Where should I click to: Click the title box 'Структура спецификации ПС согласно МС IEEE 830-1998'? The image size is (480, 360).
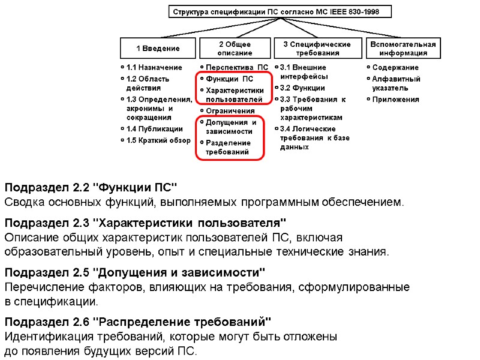pos(280,12)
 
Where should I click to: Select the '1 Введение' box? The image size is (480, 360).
pos(158,48)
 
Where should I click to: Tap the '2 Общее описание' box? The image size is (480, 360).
pos(235,48)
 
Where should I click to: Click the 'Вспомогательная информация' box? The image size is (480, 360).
pos(403,48)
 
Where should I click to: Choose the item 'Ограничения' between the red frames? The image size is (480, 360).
pos(230,111)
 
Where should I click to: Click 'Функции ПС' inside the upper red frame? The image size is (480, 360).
pos(229,79)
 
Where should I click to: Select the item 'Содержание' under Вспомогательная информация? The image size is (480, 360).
pos(395,68)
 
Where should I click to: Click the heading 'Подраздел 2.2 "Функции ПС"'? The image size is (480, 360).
pos(92,187)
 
